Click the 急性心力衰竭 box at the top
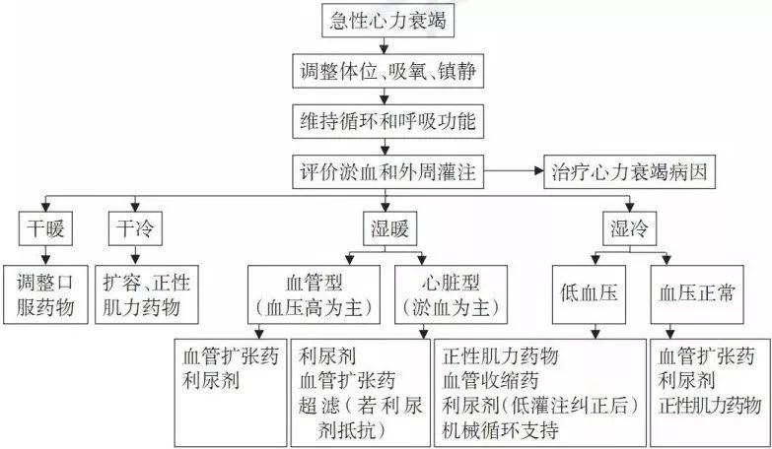point(387,21)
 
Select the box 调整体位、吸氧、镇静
point(387,71)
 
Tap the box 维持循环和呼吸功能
point(387,121)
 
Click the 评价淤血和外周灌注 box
point(387,171)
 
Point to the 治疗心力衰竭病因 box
point(629,171)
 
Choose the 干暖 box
point(45,228)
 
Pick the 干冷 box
point(135,228)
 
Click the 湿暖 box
point(389,228)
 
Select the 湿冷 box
point(630,228)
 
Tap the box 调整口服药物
point(45,294)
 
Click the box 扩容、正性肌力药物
point(147,294)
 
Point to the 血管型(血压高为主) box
point(314,294)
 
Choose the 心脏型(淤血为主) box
point(451,294)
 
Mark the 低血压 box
point(589,294)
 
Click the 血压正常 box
point(697,294)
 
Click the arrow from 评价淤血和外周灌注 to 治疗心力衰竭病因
point(514,171)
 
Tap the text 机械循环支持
point(501,431)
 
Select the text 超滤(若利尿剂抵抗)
point(360,418)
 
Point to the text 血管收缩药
point(490,381)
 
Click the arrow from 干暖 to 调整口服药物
point(45,255)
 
